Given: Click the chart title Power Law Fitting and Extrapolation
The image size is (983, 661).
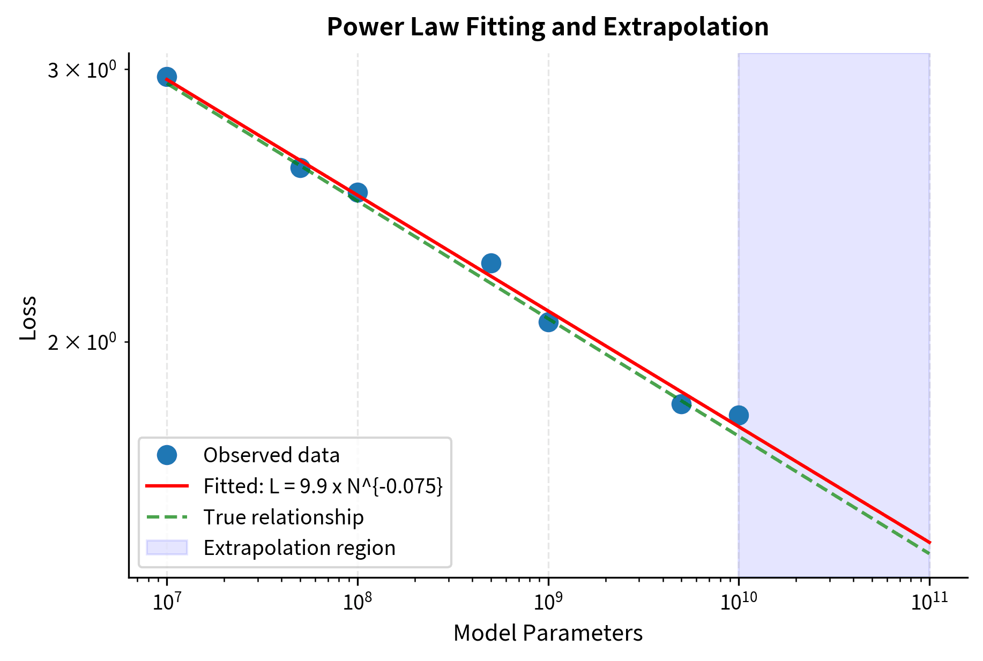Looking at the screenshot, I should pyautogui.click(x=547, y=27).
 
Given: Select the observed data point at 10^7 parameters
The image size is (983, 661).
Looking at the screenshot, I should pyautogui.click(x=167, y=77).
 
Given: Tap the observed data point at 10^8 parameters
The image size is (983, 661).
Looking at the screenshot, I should pyautogui.click(x=358, y=192).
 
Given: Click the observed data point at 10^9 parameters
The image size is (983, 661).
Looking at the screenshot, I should pyautogui.click(x=548, y=322).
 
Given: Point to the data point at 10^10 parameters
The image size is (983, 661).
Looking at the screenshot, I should pyautogui.click(x=739, y=415).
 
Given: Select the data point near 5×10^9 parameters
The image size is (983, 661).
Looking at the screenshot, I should pyautogui.click(x=681, y=403).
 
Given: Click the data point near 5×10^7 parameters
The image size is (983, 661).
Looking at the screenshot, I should pyautogui.click(x=300, y=168).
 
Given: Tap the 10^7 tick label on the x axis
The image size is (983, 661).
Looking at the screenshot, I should pyautogui.click(x=167, y=602).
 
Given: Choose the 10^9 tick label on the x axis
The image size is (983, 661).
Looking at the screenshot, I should pyautogui.click(x=548, y=602).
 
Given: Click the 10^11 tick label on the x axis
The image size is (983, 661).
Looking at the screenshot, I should pyautogui.click(x=929, y=602).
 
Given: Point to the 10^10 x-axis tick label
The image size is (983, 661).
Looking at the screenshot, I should pyautogui.click(x=739, y=602).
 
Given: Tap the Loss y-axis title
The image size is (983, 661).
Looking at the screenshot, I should pyautogui.click(x=28, y=318).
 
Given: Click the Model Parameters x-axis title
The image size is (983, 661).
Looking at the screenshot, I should pyautogui.click(x=547, y=633).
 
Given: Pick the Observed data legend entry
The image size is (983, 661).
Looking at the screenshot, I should pyautogui.click(x=271, y=455).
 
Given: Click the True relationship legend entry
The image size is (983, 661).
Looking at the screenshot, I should pyautogui.click(x=283, y=517).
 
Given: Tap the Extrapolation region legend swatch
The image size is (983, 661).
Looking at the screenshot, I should pyautogui.click(x=167, y=547).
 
